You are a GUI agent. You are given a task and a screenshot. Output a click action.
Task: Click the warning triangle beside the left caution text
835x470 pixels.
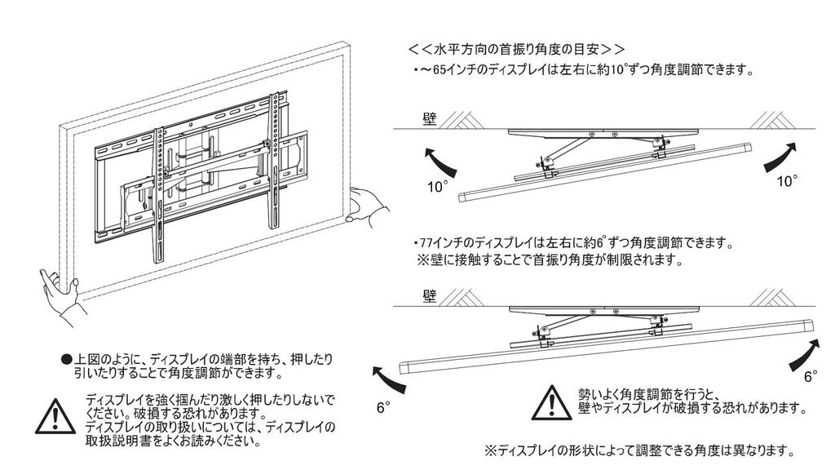coord(54,417)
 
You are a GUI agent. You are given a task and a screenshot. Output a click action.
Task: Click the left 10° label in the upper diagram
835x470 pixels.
coord(438,187)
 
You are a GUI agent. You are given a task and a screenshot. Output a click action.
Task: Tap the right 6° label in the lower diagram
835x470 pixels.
coord(811,377)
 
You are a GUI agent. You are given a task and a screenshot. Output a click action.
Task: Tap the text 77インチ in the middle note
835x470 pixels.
coord(435,243)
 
